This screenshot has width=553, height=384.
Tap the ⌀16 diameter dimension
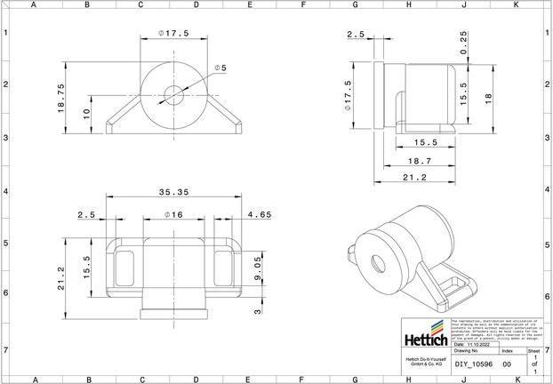173,215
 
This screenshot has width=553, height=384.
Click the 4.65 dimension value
260,215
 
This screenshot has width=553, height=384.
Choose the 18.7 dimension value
418,162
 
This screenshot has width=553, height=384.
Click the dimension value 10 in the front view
85,113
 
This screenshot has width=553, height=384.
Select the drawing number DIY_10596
469,364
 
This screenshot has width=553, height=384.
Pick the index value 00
507,364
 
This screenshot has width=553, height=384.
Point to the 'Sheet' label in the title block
533,351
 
